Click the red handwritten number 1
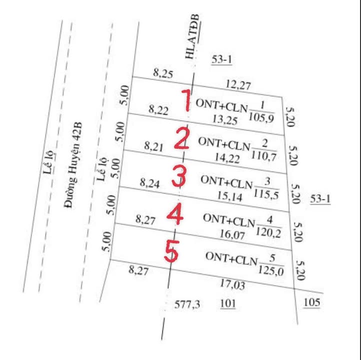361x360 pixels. click(x=186, y=100)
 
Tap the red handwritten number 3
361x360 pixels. click(x=178, y=177)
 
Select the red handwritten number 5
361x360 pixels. click(x=171, y=252)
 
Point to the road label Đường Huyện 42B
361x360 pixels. click(x=73, y=165)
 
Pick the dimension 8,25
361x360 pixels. click(x=163, y=74)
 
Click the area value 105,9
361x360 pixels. click(x=261, y=118)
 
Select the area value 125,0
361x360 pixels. click(x=271, y=271)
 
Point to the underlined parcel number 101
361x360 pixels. click(x=227, y=303)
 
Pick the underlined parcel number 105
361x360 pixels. click(x=311, y=302)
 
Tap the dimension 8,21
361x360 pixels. click(x=154, y=146)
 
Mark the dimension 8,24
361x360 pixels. click(x=150, y=183)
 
